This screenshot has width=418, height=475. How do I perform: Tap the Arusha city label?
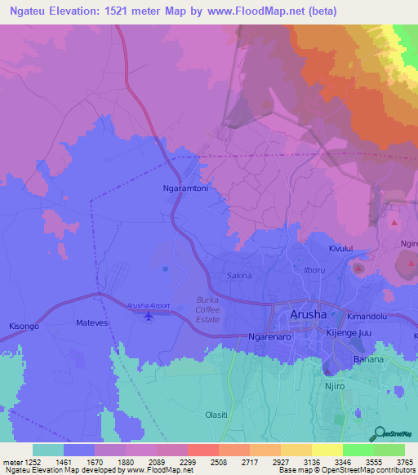coord(309,315)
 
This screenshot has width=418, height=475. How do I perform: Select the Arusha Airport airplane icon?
coord(148,316)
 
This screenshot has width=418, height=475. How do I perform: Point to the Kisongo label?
coord(24,326)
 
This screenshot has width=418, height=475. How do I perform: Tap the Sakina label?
coord(240,276)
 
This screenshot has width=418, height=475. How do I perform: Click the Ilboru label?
coord(313,269)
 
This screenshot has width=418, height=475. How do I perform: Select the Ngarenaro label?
coord(269,336)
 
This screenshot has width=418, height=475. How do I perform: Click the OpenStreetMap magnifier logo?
coord(378,432)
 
